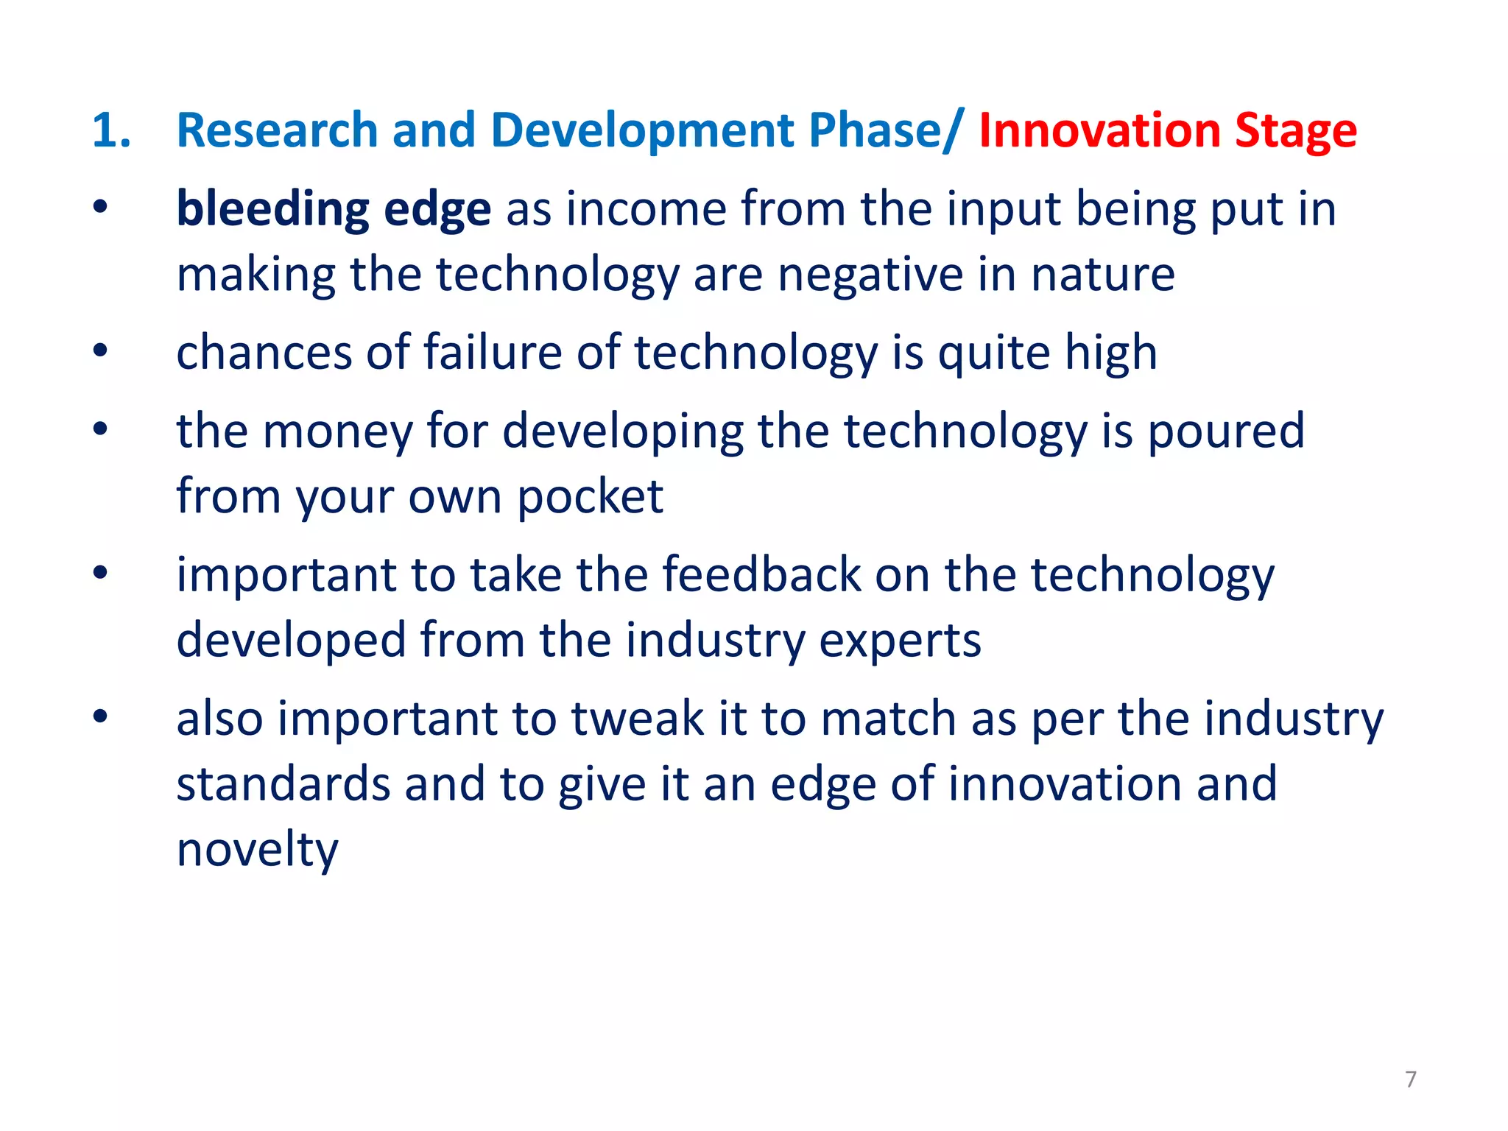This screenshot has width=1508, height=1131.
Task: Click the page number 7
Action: pyautogui.click(x=1410, y=1079)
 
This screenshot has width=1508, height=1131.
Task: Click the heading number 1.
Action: pyautogui.click(x=111, y=130)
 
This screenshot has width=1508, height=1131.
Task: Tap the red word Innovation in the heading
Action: pyautogui.click(x=1099, y=130)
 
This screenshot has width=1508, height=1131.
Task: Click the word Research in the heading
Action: pyautogui.click(x=277, y=130)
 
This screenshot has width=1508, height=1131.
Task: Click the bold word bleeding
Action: pyautogui.click(x=272, y=209)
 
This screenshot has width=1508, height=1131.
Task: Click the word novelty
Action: pyautogui.click(x=257, y=850)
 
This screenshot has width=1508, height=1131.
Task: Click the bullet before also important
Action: pyautogui.click(x=101, y=716)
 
